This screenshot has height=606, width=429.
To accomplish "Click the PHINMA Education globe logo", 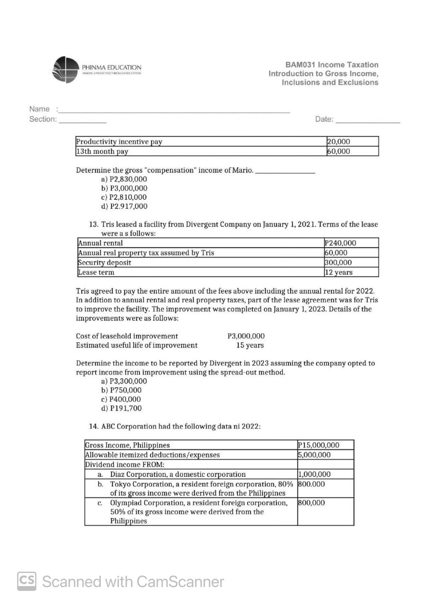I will [65, 70].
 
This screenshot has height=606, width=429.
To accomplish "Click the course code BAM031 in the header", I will [301, 65].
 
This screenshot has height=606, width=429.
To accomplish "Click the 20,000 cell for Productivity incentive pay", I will [338, 142].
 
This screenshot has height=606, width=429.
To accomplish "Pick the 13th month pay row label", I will [102, 151].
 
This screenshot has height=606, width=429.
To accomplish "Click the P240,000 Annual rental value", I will [340, 243].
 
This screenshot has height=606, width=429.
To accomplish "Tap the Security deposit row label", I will [104, 262].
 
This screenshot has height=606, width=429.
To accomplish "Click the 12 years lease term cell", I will [338, 272].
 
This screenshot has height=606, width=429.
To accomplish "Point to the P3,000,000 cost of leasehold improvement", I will [246, 336].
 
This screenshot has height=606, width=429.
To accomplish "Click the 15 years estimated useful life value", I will [250, 345].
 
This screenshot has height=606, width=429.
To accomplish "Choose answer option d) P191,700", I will [121, 408].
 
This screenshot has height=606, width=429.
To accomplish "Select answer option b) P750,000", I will [121, 390].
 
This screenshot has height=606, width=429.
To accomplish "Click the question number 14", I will [93, 426].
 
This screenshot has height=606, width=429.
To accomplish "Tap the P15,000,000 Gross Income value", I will [319, 445].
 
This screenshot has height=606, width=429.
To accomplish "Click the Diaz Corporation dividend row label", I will [178, 474].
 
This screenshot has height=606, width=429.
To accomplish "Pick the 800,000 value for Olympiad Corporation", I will [311, 503].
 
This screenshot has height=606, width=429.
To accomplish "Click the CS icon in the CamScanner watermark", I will [27, 581].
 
